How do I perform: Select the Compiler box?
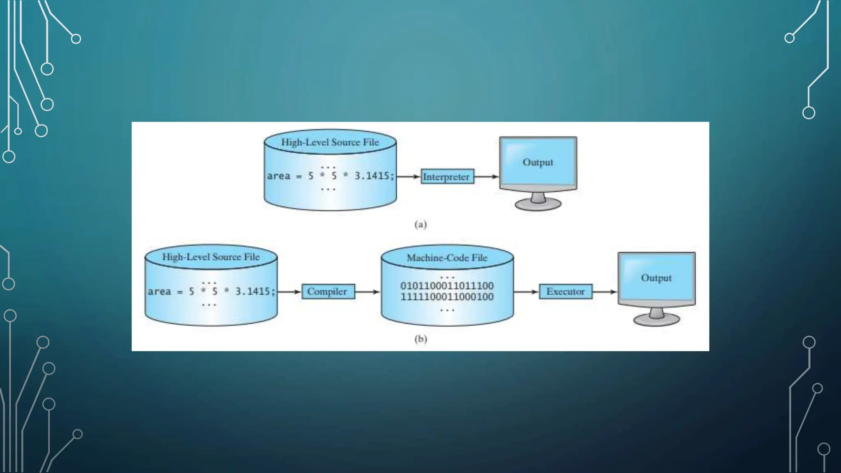328,292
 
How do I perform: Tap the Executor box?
565,292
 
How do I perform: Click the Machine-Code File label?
447,258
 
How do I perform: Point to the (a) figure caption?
420,224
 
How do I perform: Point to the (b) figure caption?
420,339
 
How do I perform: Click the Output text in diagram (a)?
538,162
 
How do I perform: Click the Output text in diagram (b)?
656,278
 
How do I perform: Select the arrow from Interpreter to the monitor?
487,177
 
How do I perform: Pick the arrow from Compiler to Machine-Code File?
367,292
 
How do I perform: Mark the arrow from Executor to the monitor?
605,292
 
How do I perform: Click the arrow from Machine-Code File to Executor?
526,292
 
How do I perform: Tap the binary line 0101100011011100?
447,286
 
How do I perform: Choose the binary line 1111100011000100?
447,296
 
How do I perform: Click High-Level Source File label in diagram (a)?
330,142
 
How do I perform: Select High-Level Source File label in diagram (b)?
211,257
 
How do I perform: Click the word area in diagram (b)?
159,292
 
